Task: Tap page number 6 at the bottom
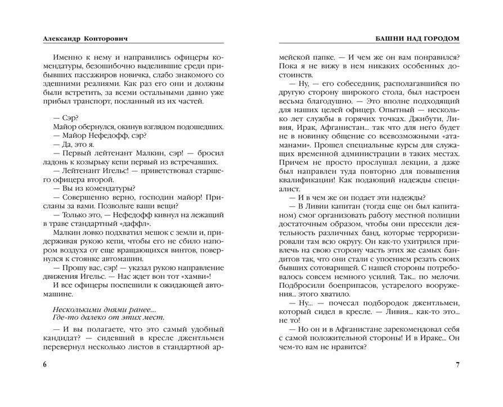coord(44,365)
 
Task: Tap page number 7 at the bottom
coord(457,365)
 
